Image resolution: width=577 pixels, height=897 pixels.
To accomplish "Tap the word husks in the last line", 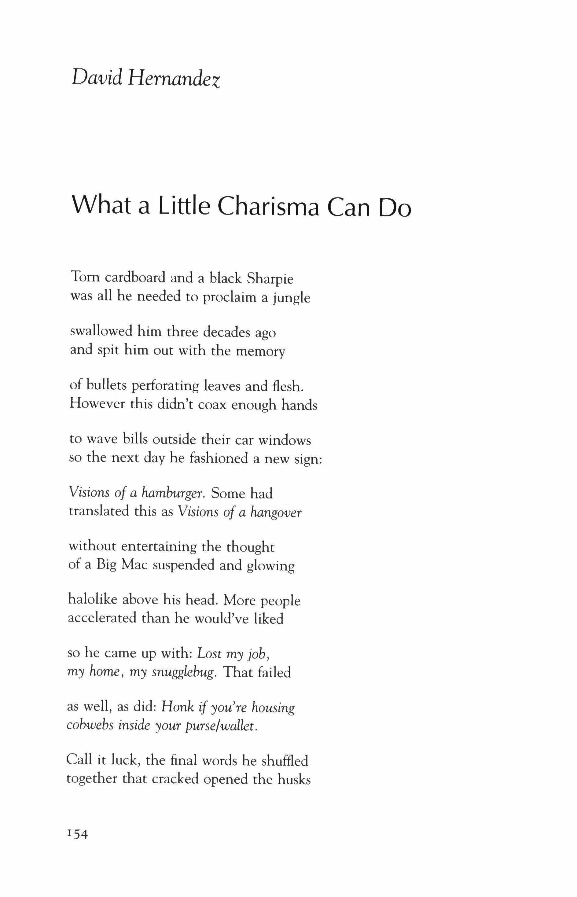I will (294, 779).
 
